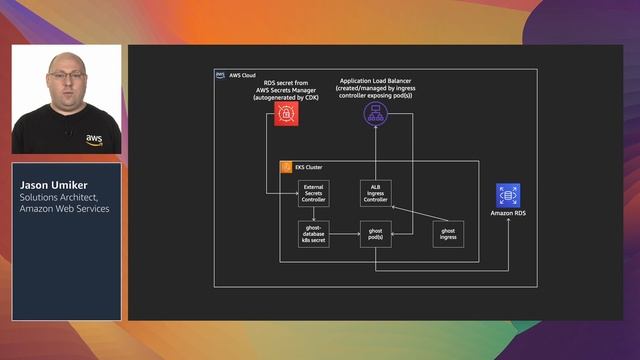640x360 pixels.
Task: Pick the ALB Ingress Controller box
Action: point(375,193)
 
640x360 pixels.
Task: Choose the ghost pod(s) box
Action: point(375,235)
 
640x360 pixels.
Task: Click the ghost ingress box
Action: point(447,235)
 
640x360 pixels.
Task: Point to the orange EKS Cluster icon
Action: point(285,167)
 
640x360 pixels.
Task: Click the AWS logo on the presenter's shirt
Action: point(93,139)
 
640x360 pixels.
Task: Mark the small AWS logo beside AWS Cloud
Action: point(220,75)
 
